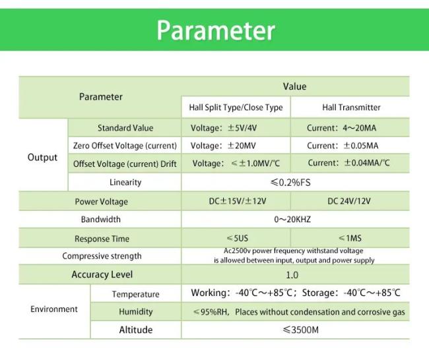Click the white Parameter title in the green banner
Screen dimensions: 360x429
click(215, 30)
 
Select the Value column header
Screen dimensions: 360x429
click(294, 86)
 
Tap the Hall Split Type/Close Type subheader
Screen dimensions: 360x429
click(236, 107)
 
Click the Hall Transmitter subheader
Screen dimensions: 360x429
click(351, 107)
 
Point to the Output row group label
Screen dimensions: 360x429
click(42, 158)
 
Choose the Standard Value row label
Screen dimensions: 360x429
click(125, 128)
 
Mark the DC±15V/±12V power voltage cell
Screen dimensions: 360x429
click(236, 201)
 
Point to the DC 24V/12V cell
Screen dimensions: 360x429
click(351, 201)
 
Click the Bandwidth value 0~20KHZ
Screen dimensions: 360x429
click(294, 219)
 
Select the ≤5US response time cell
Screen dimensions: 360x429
click(236, 238)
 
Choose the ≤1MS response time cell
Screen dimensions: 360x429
click(351, 238)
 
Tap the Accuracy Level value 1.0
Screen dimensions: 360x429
click(292, 275)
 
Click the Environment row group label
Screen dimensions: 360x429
click(54, 309)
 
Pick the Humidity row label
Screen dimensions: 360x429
click(135, 312)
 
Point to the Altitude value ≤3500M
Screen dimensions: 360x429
click(294, 330)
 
